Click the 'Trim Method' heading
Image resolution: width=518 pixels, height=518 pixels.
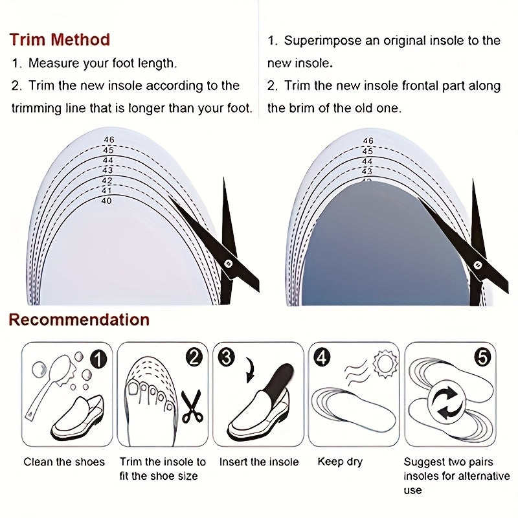(60, 40)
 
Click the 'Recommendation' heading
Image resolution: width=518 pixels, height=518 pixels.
(78, 319)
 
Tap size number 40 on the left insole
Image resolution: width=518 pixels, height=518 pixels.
(107, 201)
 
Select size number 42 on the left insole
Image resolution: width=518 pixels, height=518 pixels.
(107, 181)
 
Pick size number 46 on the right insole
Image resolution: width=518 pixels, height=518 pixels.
(368, 141)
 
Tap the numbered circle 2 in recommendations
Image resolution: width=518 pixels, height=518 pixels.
(194, 357)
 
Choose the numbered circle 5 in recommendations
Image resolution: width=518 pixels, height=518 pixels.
(482, 355)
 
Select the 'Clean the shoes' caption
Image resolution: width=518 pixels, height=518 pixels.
(64, 462)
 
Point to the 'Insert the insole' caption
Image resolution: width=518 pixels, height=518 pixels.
(259, 462)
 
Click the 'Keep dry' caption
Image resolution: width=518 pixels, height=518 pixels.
(340, 462)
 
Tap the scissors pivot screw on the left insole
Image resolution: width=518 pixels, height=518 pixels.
(229, 262)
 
